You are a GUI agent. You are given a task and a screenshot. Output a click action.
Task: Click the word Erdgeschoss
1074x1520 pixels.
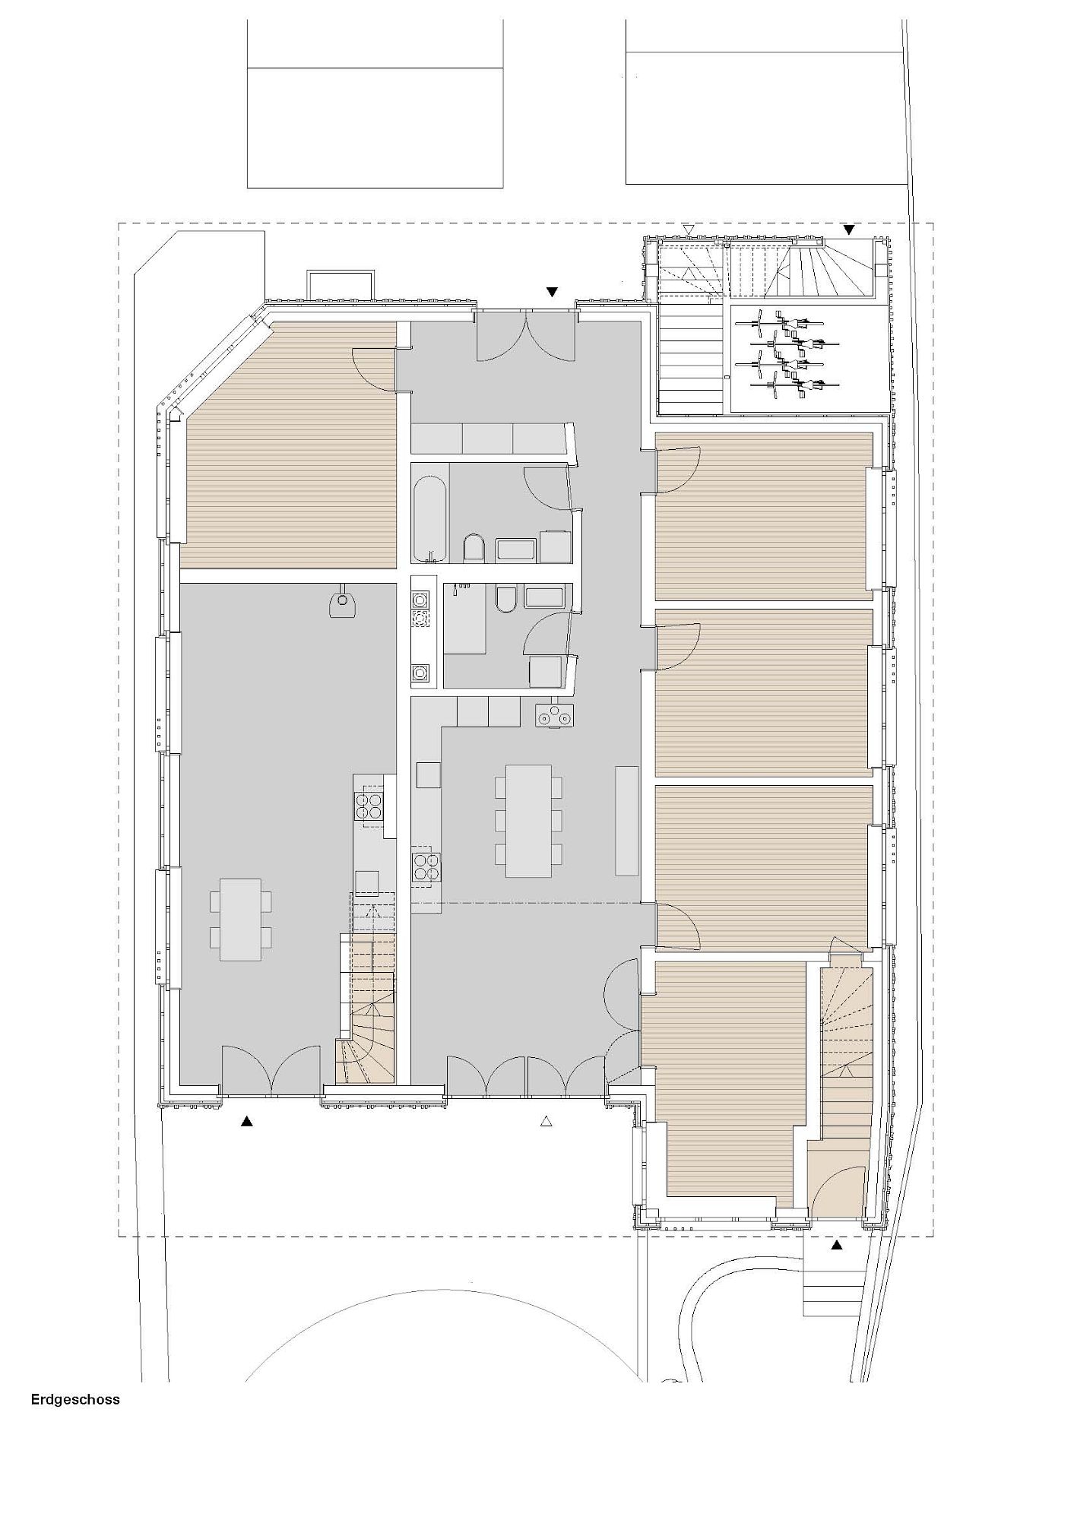(75, 1399)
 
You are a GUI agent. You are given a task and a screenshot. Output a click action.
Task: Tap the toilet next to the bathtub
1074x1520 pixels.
(473, 548)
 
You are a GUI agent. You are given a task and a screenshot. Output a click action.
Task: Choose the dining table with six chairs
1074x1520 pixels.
(529, 821)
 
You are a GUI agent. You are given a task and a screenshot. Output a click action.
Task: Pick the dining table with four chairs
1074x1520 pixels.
(240, 919)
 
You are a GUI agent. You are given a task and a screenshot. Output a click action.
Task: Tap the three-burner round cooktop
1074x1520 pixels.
(555, 715)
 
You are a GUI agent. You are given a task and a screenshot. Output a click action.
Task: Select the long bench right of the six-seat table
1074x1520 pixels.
(627, 820)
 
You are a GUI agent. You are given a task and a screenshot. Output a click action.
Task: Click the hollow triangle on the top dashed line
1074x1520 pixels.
(689, 229)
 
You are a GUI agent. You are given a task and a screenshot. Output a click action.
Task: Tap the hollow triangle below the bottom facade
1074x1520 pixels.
(545, 1120)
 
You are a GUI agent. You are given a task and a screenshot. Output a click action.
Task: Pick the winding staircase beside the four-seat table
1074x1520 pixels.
(366, 1008)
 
